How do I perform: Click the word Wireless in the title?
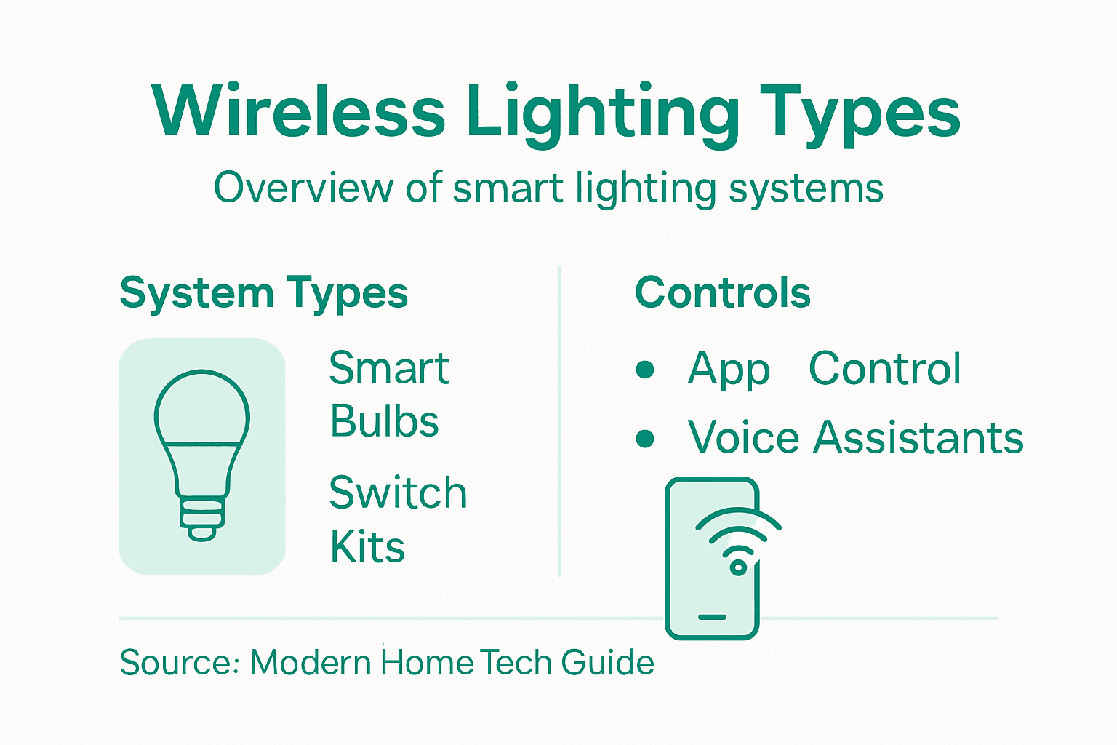coord(299,113)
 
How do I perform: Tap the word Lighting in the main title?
coord(603,115)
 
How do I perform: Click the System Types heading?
coord(263,294)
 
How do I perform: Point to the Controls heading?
coord(722,292)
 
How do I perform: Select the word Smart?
coord(389,368)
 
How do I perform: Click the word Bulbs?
coord(384,422)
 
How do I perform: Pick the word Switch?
coord(397,493)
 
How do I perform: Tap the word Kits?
coord(367,547)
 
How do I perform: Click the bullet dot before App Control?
coord(645,370)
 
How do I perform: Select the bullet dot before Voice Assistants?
coord(645,439)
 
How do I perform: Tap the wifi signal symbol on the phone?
coord(738,542)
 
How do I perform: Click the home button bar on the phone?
coord(712,617)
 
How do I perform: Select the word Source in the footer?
coord(174,663)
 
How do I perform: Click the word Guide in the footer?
coord(607,663)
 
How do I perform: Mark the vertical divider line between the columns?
coord(558,422)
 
